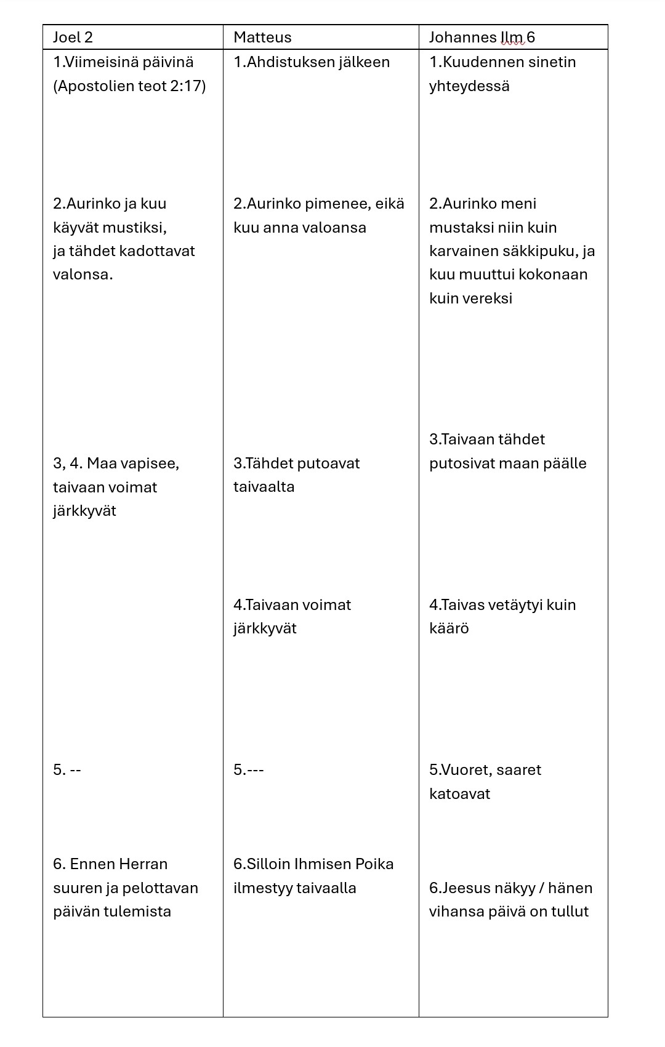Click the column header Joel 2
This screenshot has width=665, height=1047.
tap(73, 38)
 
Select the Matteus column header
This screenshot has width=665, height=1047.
tap(262, 38)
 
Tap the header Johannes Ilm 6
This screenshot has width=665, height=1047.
tap(482, 38)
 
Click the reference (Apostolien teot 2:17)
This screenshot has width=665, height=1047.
tap(129, 86)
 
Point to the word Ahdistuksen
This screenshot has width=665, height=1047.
tap(288, 62)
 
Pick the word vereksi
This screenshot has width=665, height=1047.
tap(489, 299)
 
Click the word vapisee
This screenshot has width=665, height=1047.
tap(151, 463)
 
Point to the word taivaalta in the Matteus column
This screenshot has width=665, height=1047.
tap(264, 487)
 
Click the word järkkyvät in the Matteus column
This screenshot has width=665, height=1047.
tap(265, 628)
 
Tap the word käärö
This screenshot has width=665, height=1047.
tap(449, 628)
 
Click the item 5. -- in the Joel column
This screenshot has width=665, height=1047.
tap(67, 770)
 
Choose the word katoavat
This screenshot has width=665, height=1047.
tap(459, 794)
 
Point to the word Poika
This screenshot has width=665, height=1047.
tap(374, 864)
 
